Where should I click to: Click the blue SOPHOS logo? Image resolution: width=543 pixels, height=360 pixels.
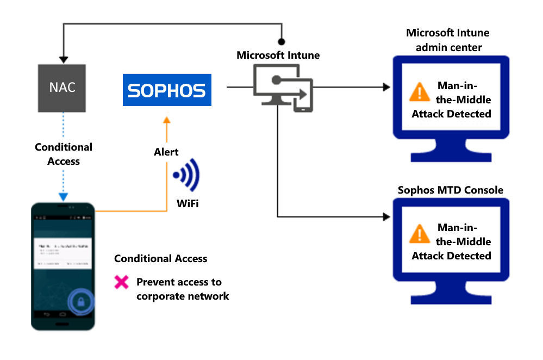166,90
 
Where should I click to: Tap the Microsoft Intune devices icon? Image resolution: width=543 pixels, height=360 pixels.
283,88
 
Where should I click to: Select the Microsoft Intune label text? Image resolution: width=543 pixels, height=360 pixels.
278,55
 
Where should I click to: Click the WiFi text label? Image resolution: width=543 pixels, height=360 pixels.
187,204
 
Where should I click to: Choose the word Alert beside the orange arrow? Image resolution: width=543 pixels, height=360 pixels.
166,152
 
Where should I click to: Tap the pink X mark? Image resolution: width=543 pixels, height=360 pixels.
121,282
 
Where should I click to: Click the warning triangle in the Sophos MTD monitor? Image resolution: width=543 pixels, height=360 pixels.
419,234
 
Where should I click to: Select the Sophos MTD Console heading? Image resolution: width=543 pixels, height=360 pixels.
451,190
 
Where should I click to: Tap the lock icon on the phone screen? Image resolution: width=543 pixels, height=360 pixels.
80,301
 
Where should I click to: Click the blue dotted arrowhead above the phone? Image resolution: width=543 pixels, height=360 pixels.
63,197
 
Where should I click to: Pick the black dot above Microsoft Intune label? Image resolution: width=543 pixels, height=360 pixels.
282,41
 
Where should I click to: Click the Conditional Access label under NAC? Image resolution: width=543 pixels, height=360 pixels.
64,154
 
